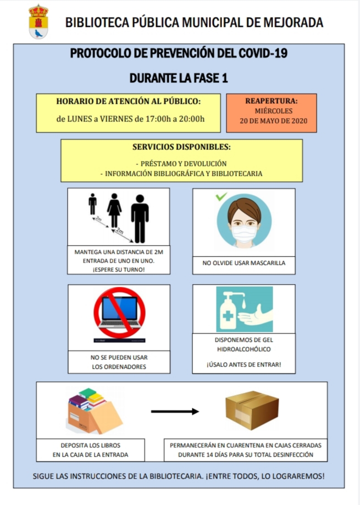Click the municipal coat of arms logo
pos(38,21)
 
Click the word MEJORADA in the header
pos(293,23)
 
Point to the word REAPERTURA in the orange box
pos(271,101)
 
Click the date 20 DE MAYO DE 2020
pos(273,121)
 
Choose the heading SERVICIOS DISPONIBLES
pos(181,147)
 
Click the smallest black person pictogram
pos(93,204)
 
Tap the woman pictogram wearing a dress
pos(114,210)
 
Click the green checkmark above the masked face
pos(221,196)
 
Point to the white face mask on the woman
pos(244,234)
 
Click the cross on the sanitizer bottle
pos(228,316)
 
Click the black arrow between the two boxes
pos(175,411)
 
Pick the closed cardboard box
pos(252,410)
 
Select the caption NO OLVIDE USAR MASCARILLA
pos(244,263)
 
